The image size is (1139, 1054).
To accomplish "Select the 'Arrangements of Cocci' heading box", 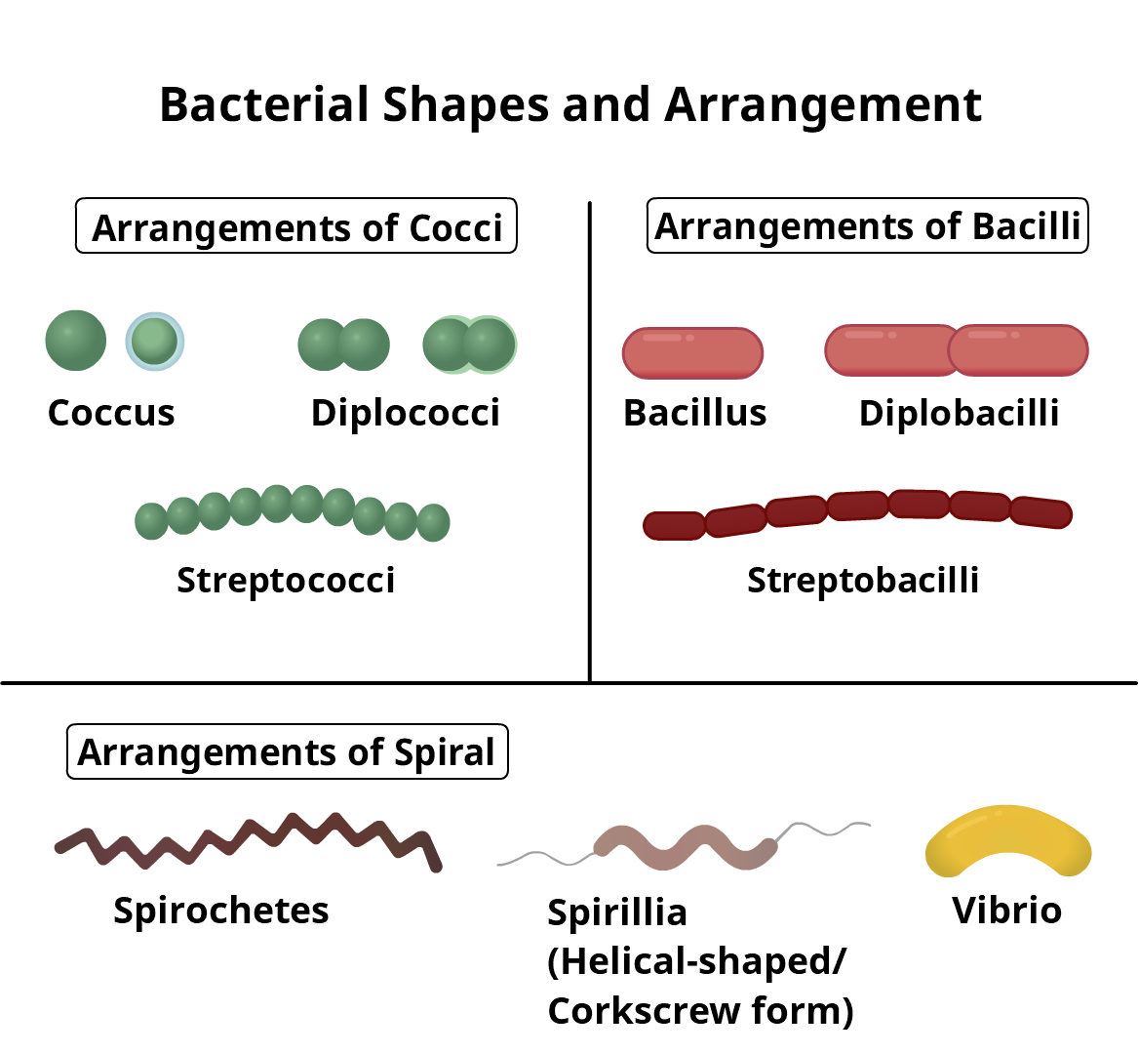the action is [296, 227].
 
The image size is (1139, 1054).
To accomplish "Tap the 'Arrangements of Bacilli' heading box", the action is [867, 226].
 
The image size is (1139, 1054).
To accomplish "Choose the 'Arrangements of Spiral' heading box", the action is [287, 752].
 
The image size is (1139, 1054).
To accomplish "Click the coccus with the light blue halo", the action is [155, 341].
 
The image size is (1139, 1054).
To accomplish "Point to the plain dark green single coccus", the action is [76, 341].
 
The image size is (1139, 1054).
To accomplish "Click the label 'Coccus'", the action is [111, 413].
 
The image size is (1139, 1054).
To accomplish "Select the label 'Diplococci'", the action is [405, 413].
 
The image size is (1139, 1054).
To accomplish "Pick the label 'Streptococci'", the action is [286, 581].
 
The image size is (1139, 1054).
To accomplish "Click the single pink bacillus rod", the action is [692, 353].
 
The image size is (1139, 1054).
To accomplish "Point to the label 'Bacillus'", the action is [694, 413].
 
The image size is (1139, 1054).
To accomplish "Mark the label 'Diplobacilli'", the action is [959, 413].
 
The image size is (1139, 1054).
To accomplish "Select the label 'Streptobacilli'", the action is [863, 581].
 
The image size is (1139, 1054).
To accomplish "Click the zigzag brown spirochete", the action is [249, 839].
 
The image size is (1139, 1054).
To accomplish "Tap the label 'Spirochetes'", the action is [221, 911].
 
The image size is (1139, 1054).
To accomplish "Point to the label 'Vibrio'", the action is [1006, 911].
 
